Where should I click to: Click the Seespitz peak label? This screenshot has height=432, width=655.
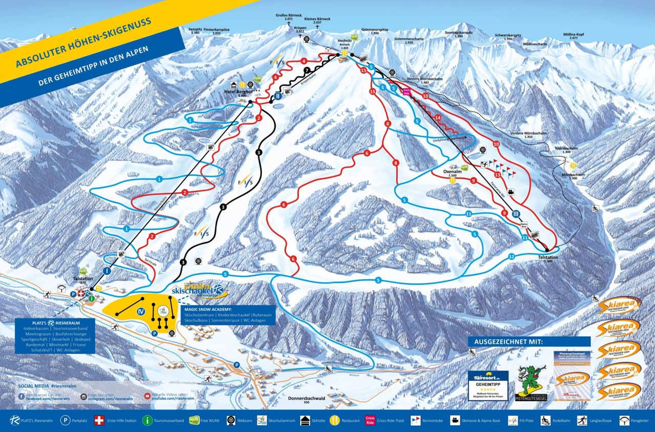tap(195, 30)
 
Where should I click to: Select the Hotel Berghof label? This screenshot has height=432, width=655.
tap(236, 92)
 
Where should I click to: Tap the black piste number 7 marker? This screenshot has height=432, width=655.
tap(306, 70)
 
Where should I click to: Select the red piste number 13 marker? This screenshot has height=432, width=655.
tap(497, 175)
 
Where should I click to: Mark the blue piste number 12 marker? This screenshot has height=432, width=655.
tap(511, 256)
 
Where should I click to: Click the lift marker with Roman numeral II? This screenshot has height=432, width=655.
tap(277, 95)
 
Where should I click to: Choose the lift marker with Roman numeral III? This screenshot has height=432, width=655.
tap(516, 214)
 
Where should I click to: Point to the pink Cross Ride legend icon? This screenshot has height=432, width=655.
tap(370, 420)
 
